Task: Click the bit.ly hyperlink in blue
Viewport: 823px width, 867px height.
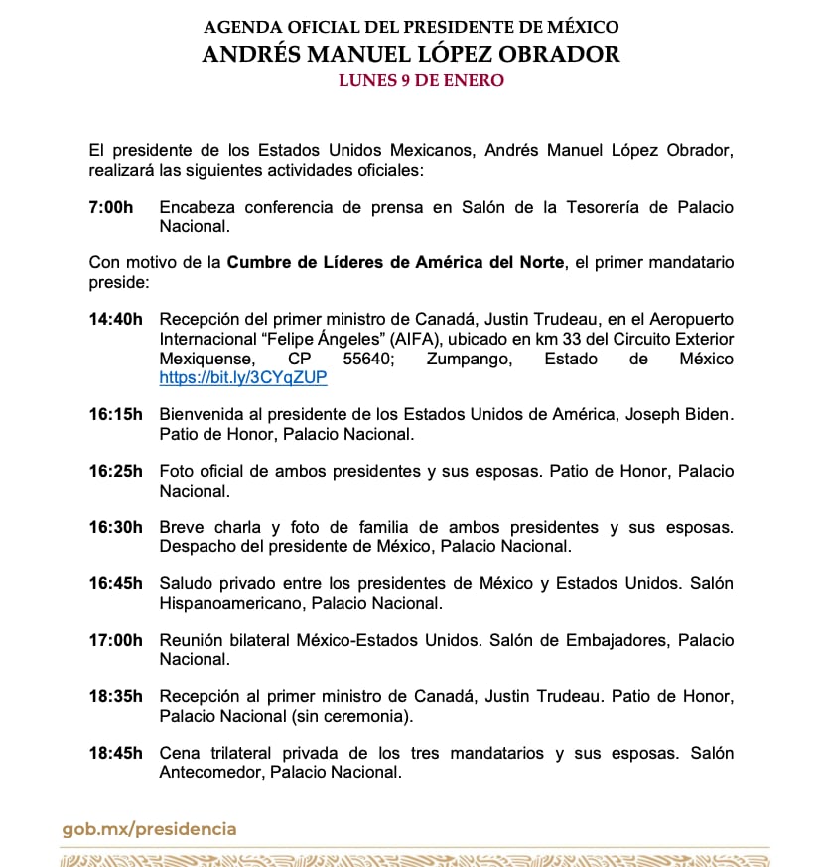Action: click(x=243, y=378)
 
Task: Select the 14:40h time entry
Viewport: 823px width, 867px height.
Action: click(x=115, y=319)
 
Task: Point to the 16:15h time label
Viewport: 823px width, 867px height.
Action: click(x=115, y=414)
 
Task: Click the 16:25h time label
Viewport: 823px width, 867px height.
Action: click(x=115, y=471)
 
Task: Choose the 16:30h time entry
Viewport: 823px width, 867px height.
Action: click(x=115, y=527)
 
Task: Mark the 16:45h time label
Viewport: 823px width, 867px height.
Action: click(x=115, y=584)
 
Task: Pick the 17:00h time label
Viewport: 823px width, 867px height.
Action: click(x=115, y=641)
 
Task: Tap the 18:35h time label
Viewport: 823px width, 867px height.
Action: click(x=115, y=697)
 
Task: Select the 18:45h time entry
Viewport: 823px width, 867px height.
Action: click(x=115, y=753)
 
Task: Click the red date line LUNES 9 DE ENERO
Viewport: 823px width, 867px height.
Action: click(x=421, y=80)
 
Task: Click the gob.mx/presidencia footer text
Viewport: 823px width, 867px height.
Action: click(x=149, y=829)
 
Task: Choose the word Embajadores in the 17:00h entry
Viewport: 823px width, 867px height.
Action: click(x=609, y=641)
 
